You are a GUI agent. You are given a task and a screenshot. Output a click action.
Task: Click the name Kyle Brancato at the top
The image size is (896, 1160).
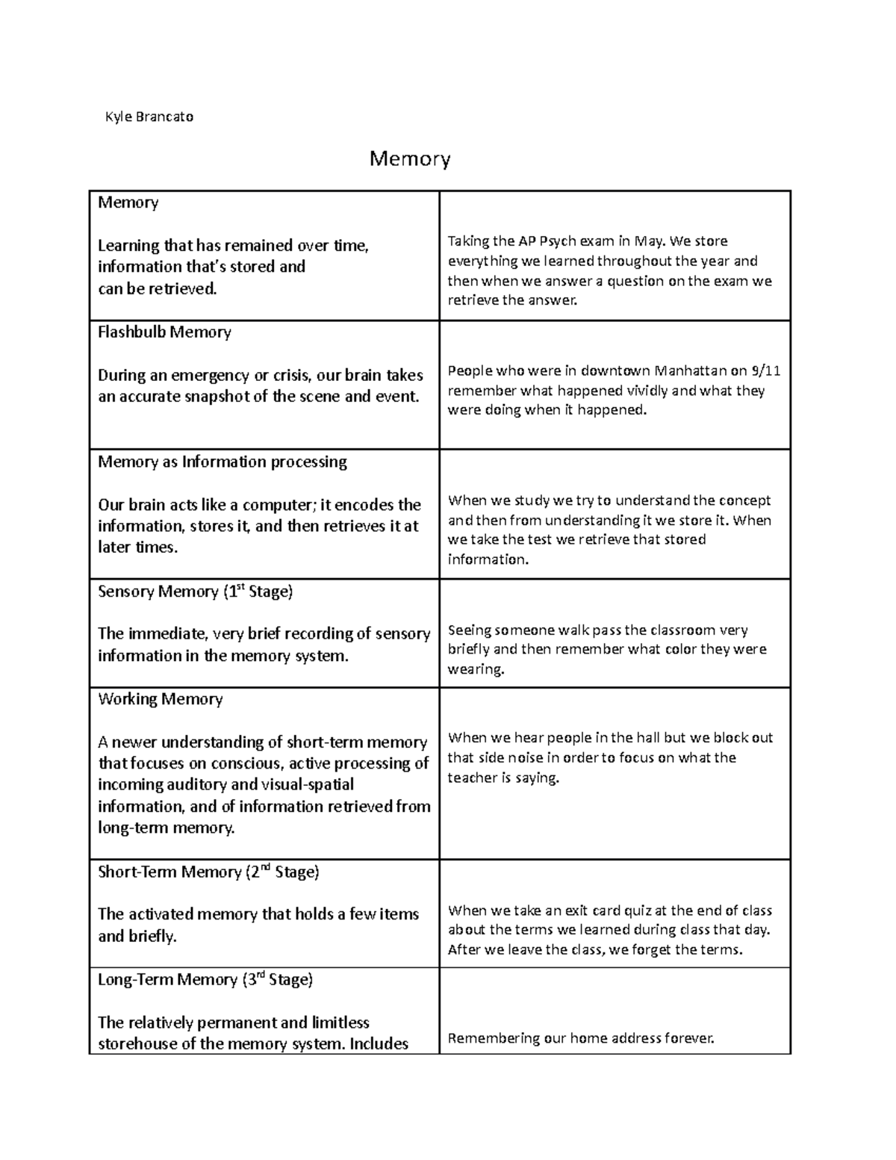pyautogui.click(x=149, y=117)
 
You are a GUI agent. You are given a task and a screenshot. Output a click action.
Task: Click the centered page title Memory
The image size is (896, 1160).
pyautogui.click(x=410, y=159)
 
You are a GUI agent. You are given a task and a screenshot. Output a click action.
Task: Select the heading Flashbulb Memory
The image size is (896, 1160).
pyautogui.click(x=164, y=332)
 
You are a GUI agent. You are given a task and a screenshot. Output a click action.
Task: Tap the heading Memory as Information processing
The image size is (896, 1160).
pyautogui.click(x=223, y=462)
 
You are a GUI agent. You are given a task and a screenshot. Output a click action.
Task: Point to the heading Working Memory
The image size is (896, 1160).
pyautogui.click(x=161, y=699)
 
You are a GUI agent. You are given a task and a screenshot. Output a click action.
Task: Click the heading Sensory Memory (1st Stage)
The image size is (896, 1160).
pyautogui.click(x=196, y=592)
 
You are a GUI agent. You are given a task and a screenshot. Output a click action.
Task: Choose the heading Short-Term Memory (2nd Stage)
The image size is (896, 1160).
pyautogui.click(x=208, y=872)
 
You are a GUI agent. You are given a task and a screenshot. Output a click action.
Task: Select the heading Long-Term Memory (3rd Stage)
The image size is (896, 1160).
pyautogui.click(x=205, y=979)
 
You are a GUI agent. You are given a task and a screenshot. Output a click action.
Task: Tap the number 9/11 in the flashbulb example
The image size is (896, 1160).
pyautogui.click(x=766, y=370)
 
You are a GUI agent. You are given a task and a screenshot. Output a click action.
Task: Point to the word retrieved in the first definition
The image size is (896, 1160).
pyautogui.click(x=181, y=288)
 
